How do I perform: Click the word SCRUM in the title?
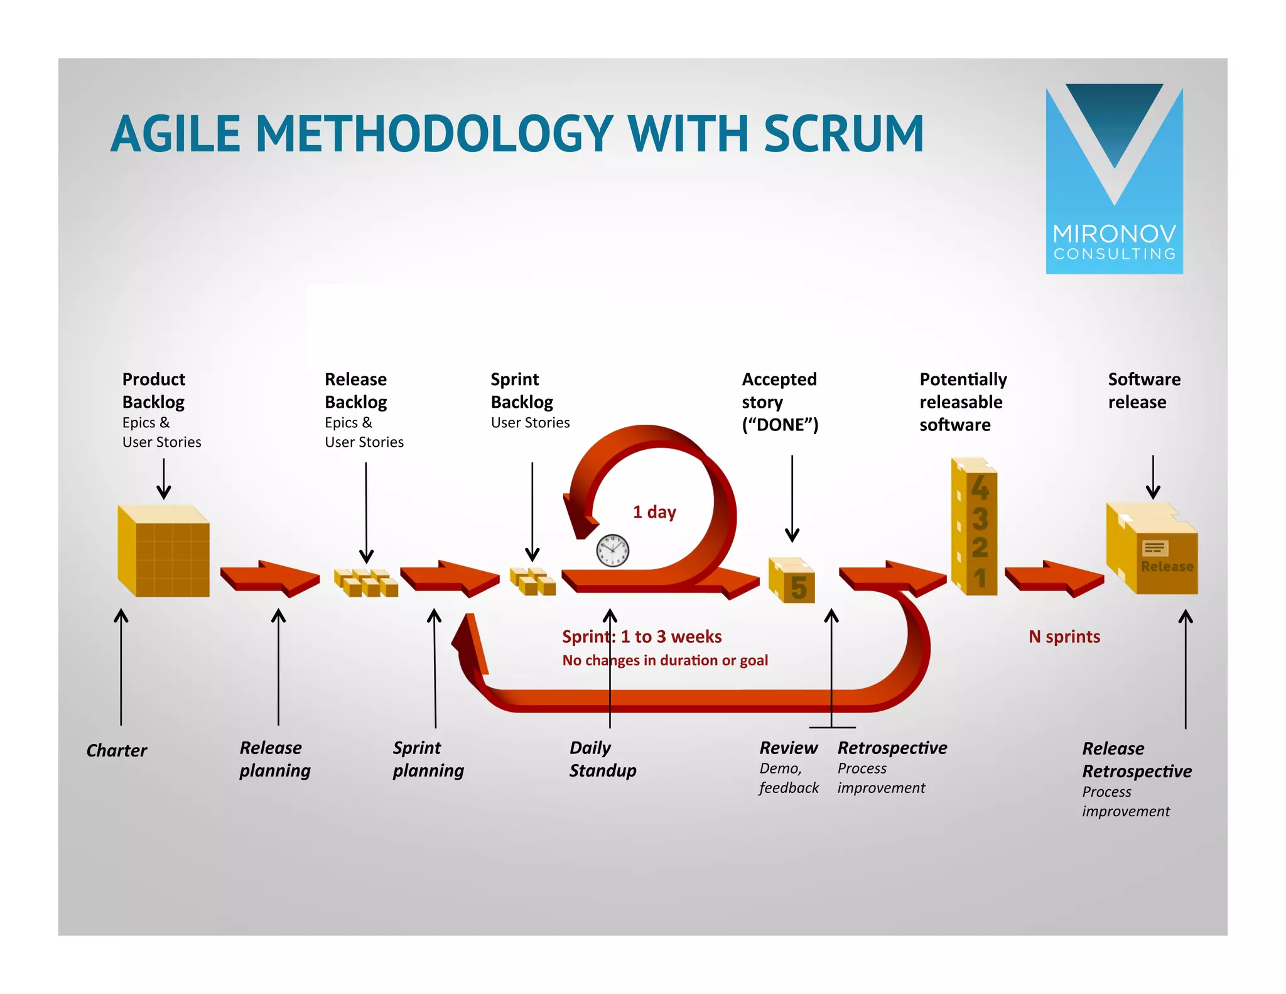(843, 134)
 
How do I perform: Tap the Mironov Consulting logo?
(1114, 180)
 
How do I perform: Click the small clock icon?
(612, 550)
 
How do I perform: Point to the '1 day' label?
(654, 512)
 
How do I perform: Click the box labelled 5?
(793, 581)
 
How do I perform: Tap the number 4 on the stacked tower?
(980, 488)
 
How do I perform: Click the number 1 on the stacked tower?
(980, 578)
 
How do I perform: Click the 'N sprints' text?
(1064, 636)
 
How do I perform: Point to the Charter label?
(117, 750)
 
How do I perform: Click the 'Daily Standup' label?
(602, 759)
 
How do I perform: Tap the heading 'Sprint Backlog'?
(521, 390)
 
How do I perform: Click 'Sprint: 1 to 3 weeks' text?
(642, 636)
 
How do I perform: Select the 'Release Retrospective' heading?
(1136, 760)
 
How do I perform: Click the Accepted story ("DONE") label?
(780, 402)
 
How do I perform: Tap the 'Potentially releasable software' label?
(963, 402)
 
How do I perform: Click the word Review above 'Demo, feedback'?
(788, 748)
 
